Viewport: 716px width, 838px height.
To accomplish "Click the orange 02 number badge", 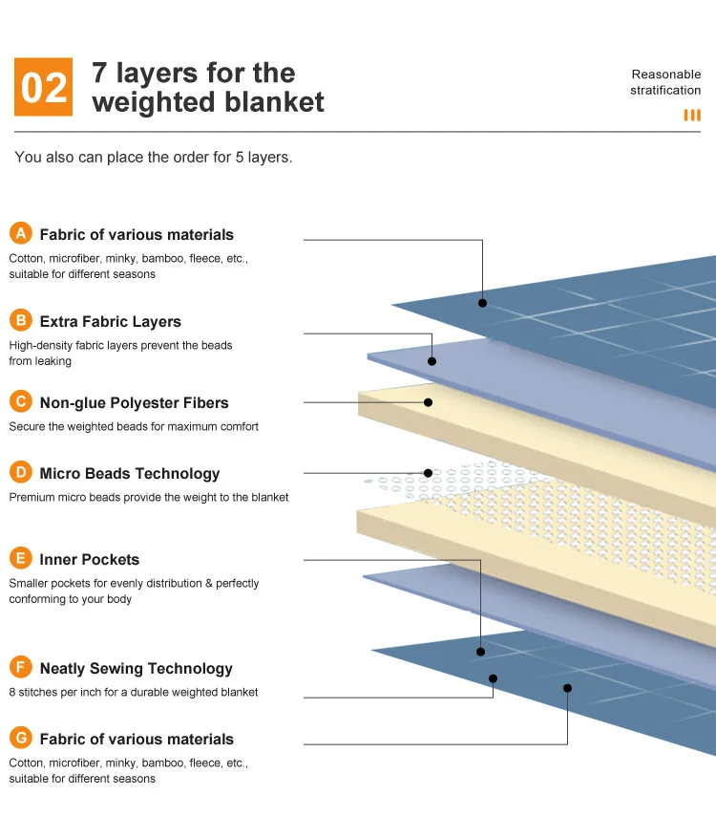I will [44, 87].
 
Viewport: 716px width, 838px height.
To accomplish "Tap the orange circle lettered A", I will [21, 234].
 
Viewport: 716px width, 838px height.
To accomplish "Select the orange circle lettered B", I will [21, 321].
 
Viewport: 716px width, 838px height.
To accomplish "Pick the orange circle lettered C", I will [21, 402].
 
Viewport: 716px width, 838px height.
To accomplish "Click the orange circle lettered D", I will [21, 473].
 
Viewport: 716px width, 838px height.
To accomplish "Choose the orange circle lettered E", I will [21, 559].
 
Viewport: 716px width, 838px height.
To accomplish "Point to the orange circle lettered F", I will [21, 668].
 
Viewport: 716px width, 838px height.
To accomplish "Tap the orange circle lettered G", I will [21, 739].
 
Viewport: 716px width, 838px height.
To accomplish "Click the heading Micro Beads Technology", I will [129, 474].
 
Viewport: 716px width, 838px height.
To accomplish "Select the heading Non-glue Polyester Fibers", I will [134, 403].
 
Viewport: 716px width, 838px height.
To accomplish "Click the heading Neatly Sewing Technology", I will [136, 669].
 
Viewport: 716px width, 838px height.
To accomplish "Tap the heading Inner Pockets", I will [89, 560].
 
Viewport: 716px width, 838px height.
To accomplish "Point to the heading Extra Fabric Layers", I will [110, 322].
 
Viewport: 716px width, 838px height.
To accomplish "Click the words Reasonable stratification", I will [665, 82].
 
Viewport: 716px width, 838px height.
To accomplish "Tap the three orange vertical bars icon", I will [692, 116].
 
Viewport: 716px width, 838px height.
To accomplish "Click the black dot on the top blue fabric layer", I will [483, 303].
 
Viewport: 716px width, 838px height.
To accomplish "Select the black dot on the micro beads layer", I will [429, 473].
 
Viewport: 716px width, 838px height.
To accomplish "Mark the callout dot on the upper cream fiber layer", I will [429, 402].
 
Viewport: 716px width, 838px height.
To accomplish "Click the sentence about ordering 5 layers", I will [154, 157].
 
